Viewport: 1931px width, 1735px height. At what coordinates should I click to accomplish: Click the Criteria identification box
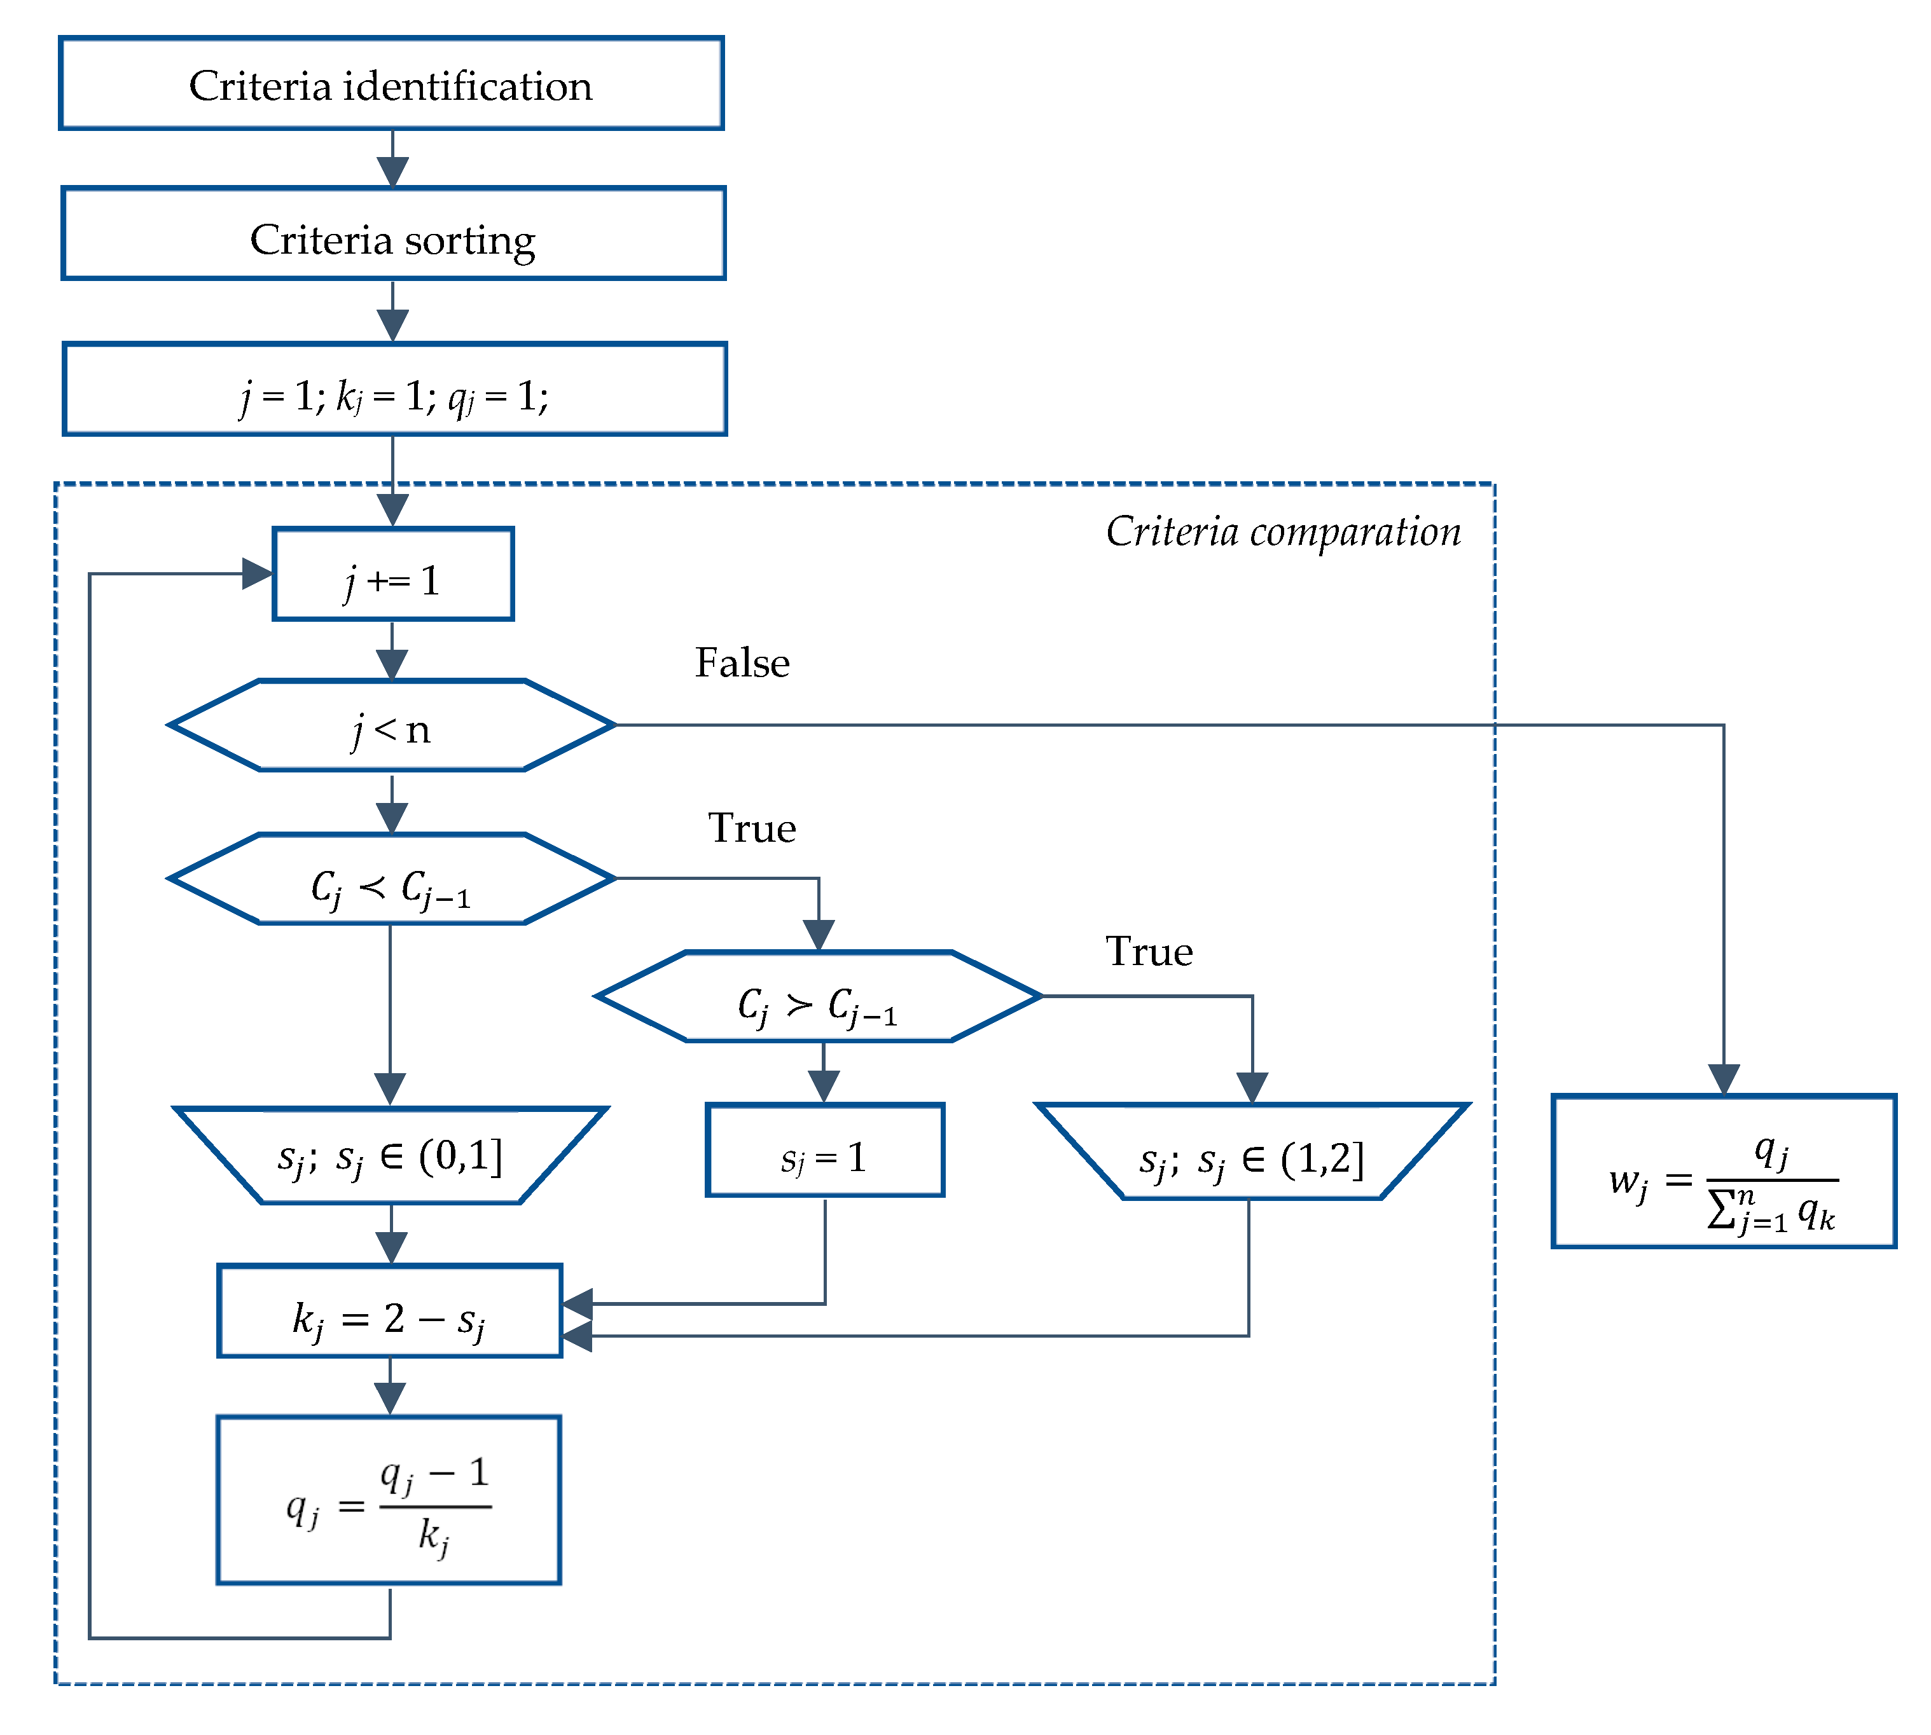pyautogui.click(x=391, y=84)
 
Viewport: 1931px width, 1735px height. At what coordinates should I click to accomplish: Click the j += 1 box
pyautogui.click(x=393, y=575)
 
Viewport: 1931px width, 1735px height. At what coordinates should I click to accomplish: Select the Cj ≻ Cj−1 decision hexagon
pyautogui.click(x=818, y=997)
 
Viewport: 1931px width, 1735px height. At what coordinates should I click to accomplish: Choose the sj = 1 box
pyautogui.click(x=825, y=1151)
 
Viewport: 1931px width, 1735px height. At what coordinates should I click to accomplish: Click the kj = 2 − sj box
pyautogui.click(x=389, y=1312)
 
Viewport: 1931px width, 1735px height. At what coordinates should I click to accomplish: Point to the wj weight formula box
pyautogui.click(x=1723, y=1172)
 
